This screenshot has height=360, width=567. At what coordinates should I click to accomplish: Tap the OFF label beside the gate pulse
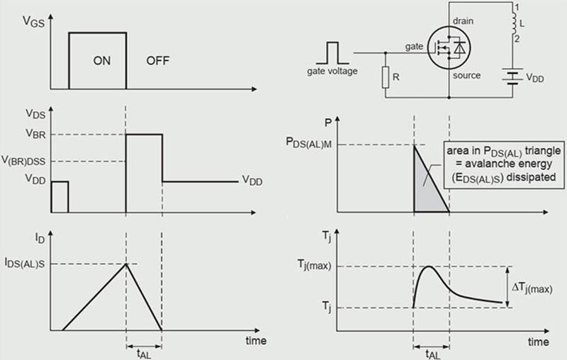159,61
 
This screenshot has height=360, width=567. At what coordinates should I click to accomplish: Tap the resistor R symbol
385,77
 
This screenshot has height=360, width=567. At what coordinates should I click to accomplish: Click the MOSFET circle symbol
449,48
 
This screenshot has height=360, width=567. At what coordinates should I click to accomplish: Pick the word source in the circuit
466,74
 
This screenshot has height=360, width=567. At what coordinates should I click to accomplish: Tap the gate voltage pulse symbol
332,52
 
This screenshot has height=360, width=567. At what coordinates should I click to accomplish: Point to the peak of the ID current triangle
126,264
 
